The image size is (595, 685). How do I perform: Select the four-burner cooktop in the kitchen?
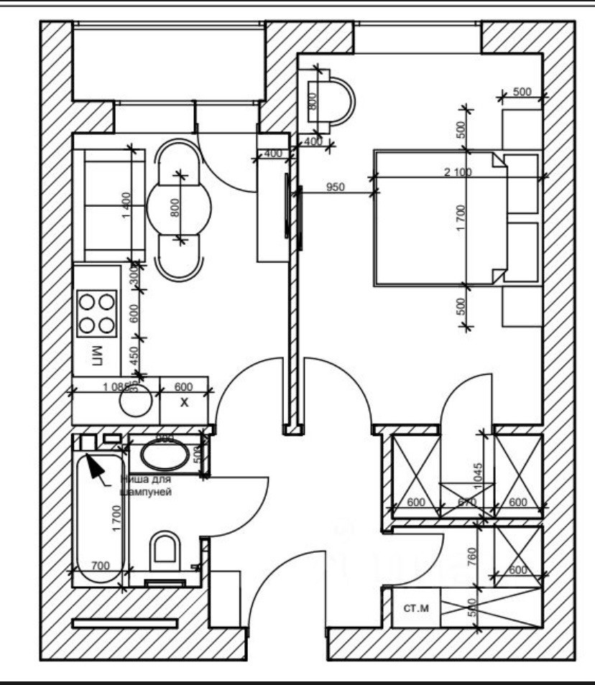click(97, 312)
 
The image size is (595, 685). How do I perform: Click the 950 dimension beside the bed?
click(335, 188)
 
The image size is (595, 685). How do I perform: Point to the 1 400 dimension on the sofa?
click(127, 206)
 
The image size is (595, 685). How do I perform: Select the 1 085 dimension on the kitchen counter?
click(116, 386)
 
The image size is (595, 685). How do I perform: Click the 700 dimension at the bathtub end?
click(101, 566)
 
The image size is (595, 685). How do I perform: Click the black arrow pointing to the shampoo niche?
click(94, 466)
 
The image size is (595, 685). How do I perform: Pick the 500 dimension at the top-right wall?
click(522, 91)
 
